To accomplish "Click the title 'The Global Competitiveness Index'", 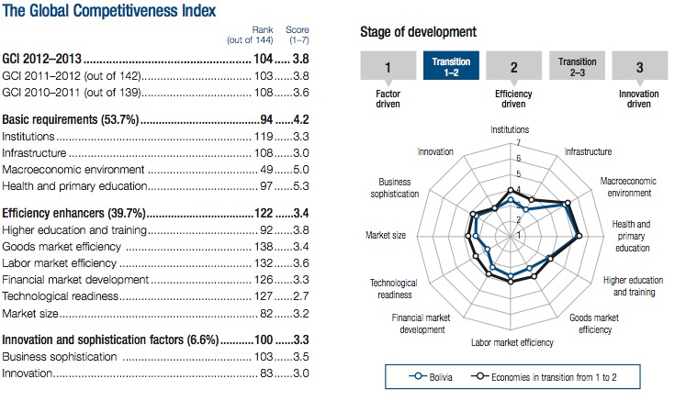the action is coord(109,10).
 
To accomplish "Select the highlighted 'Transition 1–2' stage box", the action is coord(451,66).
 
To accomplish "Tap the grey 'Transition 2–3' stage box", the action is coord(578,66).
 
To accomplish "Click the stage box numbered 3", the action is coord(640,66).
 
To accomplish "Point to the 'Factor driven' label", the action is coord(388,99).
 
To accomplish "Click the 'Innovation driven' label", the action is coord(639,99).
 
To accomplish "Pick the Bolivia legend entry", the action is coord(431,377).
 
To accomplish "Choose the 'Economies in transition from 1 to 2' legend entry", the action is coord(544,377).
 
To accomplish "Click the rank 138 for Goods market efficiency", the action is coord(264,247).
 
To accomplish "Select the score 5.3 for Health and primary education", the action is coord(301,186).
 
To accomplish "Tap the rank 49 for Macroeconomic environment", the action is coord(266,170).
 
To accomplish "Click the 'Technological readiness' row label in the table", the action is coord(60,296).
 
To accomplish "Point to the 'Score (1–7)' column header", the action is coord(298,35).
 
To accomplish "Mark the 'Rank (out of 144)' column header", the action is coord(250,35).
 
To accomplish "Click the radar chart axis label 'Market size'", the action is coord(386,235).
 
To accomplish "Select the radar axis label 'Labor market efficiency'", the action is coord(512,342).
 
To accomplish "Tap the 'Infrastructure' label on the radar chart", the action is coord(588,151).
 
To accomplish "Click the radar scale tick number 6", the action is coord(518,159).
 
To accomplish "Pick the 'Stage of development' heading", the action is coord(418,32).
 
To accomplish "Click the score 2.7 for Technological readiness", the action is coord(301,296).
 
